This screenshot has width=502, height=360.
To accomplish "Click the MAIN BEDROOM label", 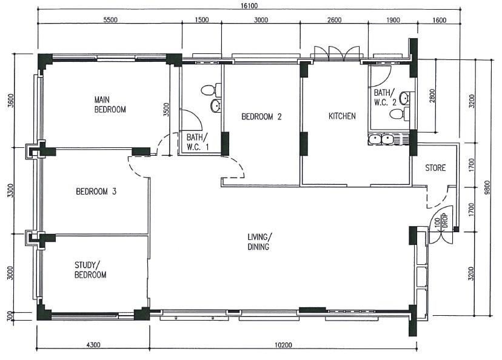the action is point(110,105).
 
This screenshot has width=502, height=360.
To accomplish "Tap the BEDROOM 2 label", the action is point(261,117).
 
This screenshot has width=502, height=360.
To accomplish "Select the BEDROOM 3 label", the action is point(96,192).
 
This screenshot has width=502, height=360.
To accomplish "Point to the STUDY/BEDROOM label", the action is point(90,270).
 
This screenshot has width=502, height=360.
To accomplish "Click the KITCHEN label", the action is point(342,116).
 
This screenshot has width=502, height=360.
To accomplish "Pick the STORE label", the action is point(435,168).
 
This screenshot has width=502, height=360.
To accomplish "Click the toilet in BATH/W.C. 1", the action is point(211,90).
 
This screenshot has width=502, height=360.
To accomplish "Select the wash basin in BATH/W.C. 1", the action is point(216,105).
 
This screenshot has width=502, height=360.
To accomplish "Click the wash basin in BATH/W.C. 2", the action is point(404,98).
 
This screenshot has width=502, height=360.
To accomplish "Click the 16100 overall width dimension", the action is point(250,6).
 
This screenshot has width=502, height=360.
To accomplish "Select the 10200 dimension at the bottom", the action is point(283,345).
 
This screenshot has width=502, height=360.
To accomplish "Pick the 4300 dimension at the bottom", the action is point(93,345).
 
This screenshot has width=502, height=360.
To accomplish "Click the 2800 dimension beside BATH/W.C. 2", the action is point(432,96).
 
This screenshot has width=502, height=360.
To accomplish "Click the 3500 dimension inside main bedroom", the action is point(166,110).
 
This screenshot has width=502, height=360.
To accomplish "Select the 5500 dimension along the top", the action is point(110,20).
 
